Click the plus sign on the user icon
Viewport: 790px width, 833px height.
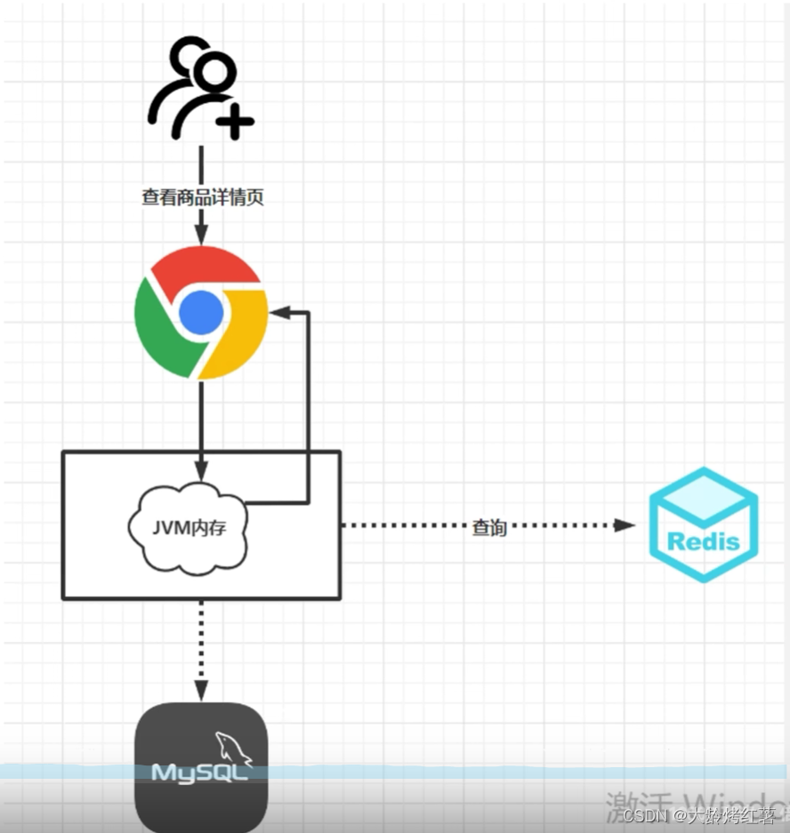click(x=235, y=120)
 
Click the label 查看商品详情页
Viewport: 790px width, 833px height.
click(x=203, y=197)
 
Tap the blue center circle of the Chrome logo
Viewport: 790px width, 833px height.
click(x=201, y=312)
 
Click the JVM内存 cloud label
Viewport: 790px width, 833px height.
click(x=189, y=527)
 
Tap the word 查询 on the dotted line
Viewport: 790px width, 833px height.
click(x=488, y=526)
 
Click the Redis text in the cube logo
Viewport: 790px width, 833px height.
click(x=703, y=541)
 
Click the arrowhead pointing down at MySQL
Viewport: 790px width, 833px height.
click(x=201, y=691)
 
